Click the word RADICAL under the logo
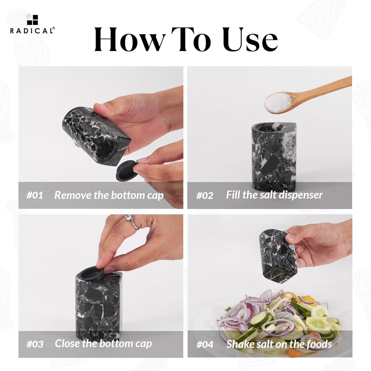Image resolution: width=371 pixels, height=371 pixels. (x=32, y=31)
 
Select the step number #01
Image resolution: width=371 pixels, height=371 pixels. (x=35, y=195)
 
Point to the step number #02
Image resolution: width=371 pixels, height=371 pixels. (x=205, y=195)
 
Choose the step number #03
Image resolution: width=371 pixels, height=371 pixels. (x=35, y=344)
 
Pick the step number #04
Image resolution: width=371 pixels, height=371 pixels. (x=205, y=344)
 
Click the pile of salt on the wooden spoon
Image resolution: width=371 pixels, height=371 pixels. (x=278, y=103)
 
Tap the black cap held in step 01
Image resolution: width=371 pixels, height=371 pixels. (x=127, y=171)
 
